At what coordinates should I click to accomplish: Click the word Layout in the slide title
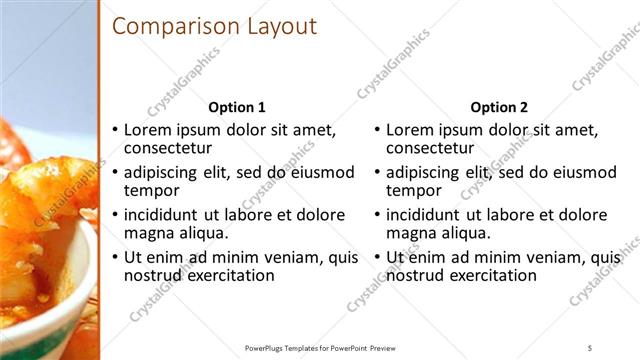[281, 27]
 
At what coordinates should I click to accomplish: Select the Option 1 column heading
[236, 108]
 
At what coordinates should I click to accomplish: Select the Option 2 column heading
[499, 108]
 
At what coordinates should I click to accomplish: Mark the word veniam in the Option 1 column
[276, 257]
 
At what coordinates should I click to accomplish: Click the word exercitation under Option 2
[490, 275]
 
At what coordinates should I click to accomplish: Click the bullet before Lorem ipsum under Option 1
[115, 130]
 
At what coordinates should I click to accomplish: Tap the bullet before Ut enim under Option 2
[378, 257]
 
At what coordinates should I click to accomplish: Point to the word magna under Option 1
[148, 233]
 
